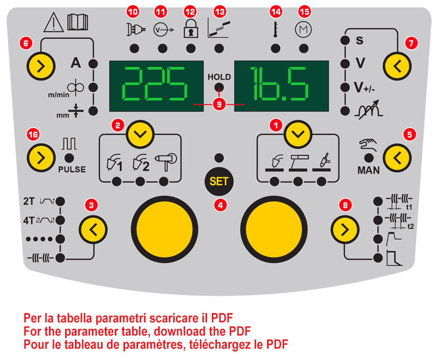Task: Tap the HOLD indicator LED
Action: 219,87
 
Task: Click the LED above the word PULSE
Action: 68,158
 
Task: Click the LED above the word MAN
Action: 368,158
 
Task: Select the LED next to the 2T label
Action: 60,201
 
